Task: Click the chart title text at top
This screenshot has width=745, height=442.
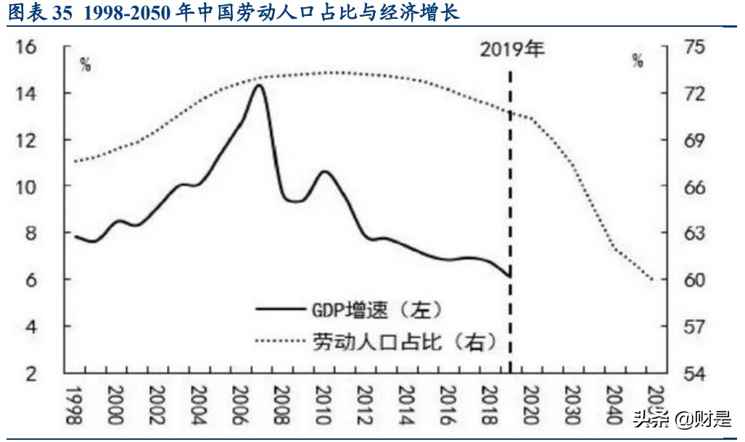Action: click(233, 13)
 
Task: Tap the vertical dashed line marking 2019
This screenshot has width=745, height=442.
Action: click(511, 217)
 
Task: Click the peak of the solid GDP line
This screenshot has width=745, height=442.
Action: click(258, 86)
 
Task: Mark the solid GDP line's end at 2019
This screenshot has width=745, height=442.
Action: click(510, 276)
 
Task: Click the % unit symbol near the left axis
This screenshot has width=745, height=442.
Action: click(86, 64)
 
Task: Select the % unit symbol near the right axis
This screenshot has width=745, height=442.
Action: click(637, 61)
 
